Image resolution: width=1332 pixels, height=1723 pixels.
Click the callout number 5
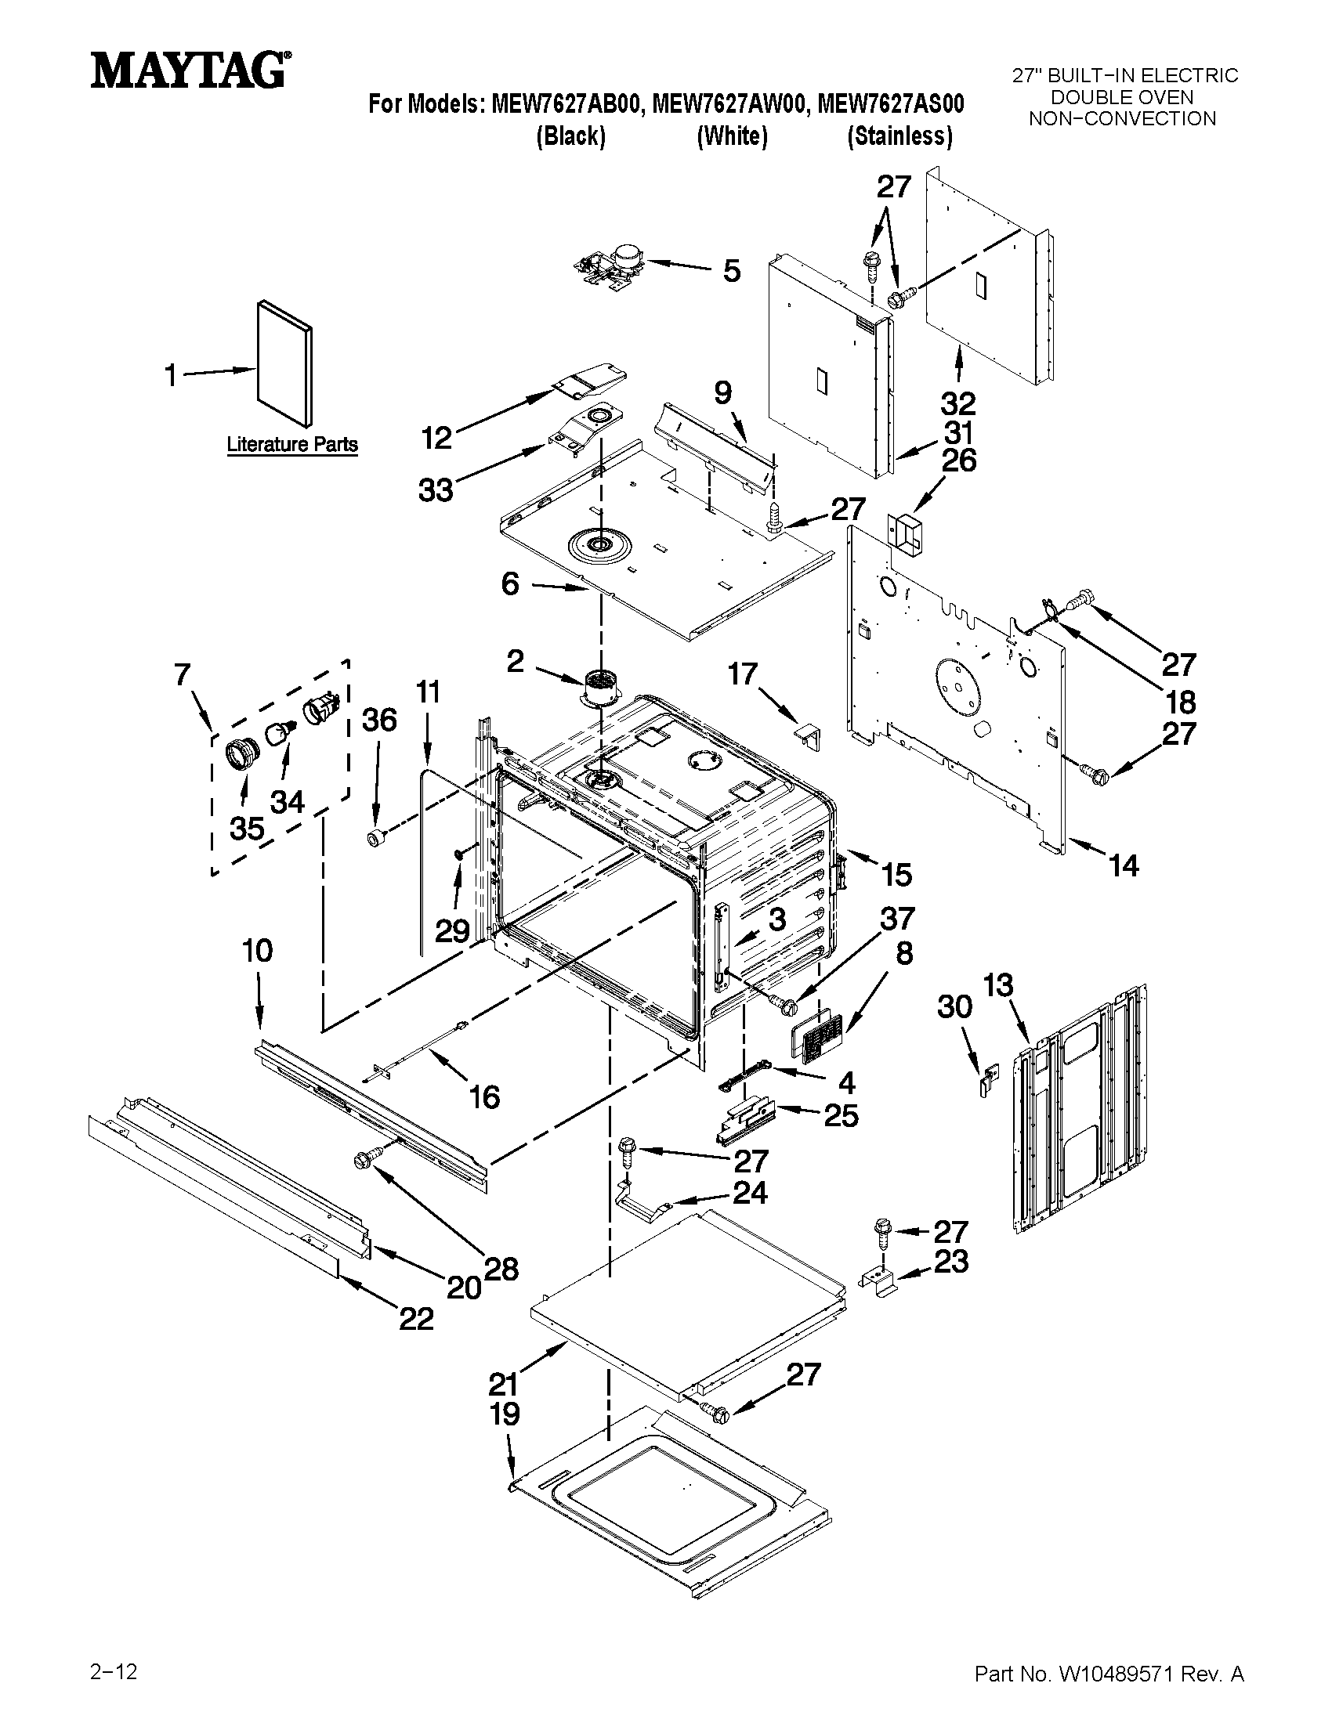(732, 271)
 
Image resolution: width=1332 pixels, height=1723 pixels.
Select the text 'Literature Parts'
(292, 444)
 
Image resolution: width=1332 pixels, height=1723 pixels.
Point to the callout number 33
(436, 490)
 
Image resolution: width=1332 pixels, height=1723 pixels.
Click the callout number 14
(1124, 865)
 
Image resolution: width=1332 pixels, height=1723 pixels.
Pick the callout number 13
(998, 984)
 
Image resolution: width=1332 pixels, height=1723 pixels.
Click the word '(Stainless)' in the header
(899, 136)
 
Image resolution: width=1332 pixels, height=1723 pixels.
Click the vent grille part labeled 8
(817, 1037)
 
